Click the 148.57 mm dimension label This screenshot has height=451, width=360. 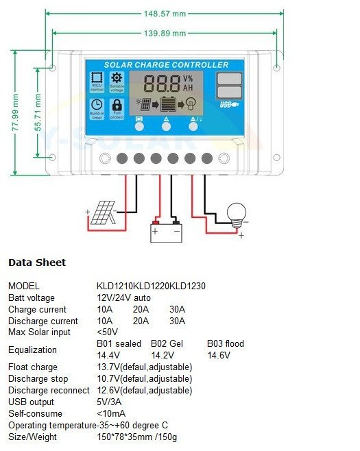[165, 13]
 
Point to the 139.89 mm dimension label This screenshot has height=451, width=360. [165, 33]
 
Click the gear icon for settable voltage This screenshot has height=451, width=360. [117, 79]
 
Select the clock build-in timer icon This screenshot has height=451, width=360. [97, 105]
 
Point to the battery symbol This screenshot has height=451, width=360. [166, 231]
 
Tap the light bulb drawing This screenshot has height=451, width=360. [237, 212]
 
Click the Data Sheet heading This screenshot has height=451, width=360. [37, 263]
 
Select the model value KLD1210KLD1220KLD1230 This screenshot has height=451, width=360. [152, 286]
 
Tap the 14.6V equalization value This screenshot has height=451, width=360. [219, 355]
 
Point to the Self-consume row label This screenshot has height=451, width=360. [35, 413]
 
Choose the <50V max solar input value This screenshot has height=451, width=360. [108, 332]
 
